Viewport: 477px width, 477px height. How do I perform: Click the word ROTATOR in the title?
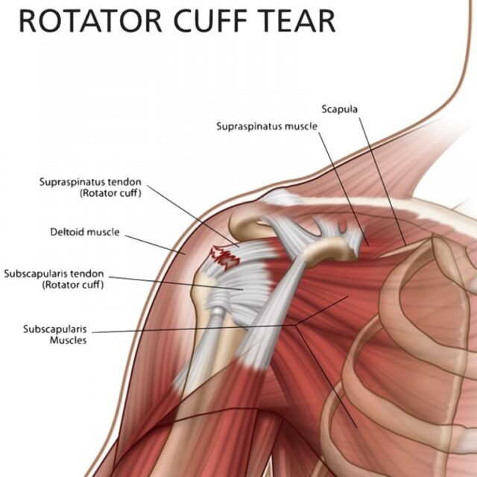(x=90, y=21)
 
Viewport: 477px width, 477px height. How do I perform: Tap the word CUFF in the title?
(x=210, y=21)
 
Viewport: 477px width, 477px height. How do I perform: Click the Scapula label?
(x=340, y=110)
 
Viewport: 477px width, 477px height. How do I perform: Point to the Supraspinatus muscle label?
(x=267, y=126)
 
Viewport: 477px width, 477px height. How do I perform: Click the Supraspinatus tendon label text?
(x=90, y=187)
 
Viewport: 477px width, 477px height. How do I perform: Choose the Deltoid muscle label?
(x=85, y=232)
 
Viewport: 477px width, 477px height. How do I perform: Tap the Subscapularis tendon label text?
(x=54, y=279)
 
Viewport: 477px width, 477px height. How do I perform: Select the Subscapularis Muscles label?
(x=55, y=335)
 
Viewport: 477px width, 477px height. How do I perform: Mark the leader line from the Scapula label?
(x=382, y=182)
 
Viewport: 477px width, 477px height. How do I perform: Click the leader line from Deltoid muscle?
(x=155, y=244)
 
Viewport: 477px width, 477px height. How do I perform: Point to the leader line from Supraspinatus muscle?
(x=344, y=189)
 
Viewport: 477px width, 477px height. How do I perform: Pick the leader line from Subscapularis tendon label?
(x=176, y=283)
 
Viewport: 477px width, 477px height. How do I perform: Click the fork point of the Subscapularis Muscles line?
(x=296, y=325)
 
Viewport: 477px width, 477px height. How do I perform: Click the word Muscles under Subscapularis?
(x=68, y=340)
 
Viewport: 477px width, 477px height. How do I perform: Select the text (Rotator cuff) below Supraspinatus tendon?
(x=110, y=193)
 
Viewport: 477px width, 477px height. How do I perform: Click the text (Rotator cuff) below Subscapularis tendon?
(x=73, y=285)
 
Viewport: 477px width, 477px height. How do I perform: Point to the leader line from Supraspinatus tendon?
(x=193, y=215)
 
